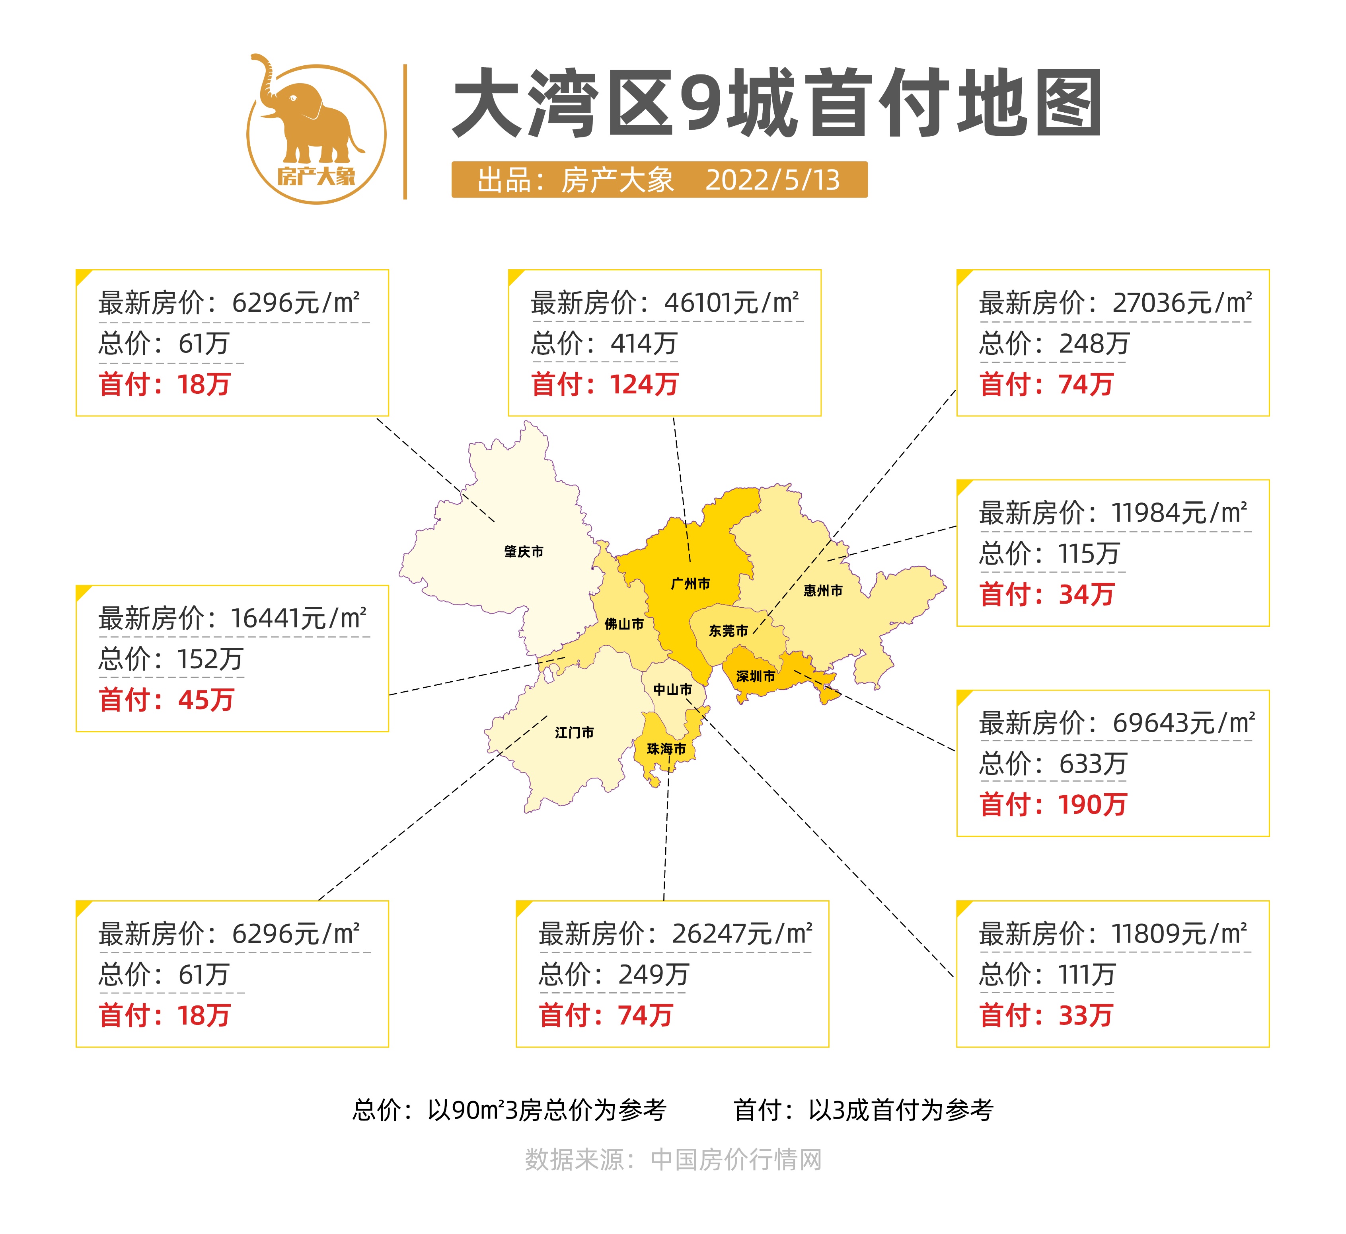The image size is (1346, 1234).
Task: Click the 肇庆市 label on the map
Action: tap(524, 552)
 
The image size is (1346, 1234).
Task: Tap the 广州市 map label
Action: tap(690, 584)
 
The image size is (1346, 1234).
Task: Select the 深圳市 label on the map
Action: tap(756, 676)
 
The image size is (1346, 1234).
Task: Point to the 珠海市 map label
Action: tap(666, 749)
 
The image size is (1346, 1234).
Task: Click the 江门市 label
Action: tap(574, 733)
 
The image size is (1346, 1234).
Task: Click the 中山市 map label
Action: tap(672, 690)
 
